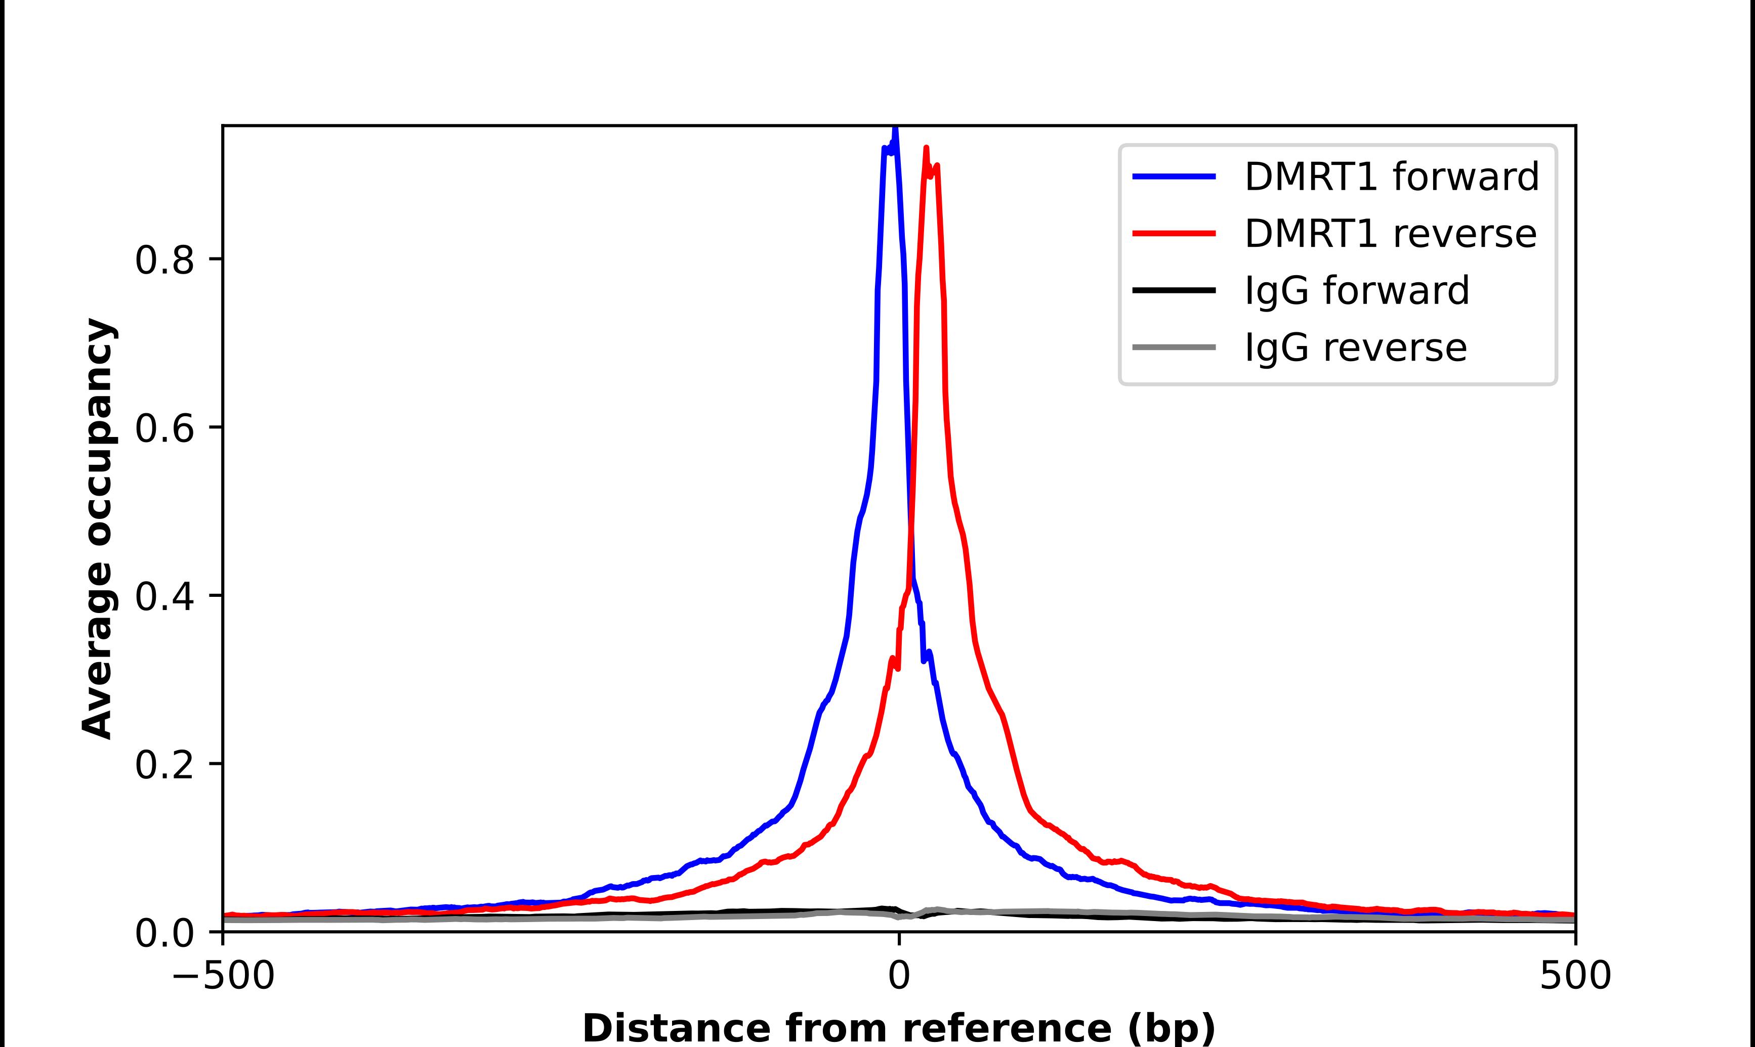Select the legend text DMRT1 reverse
click(x=1390, y=234)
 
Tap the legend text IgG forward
click(x=1356, y=291)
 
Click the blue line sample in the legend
click(x=1174, y=177)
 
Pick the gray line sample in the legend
click(x=1174, y=347)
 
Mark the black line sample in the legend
click(x=1174, y=290)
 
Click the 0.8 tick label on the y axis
click(x=164, y=260)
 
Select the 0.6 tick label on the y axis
click(x=164, y=428)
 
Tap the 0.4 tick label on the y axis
click(x=164, y=597)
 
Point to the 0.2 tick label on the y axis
click(x=164, y=765)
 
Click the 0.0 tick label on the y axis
click(x=164, y=933)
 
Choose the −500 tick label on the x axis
click(x=224, y=976)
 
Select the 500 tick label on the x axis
click(x=1575, y=976)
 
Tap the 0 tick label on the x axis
click(x=898, y=976)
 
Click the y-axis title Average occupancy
click(x=97, y=529)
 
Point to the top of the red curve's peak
click(x=926, y=148)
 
